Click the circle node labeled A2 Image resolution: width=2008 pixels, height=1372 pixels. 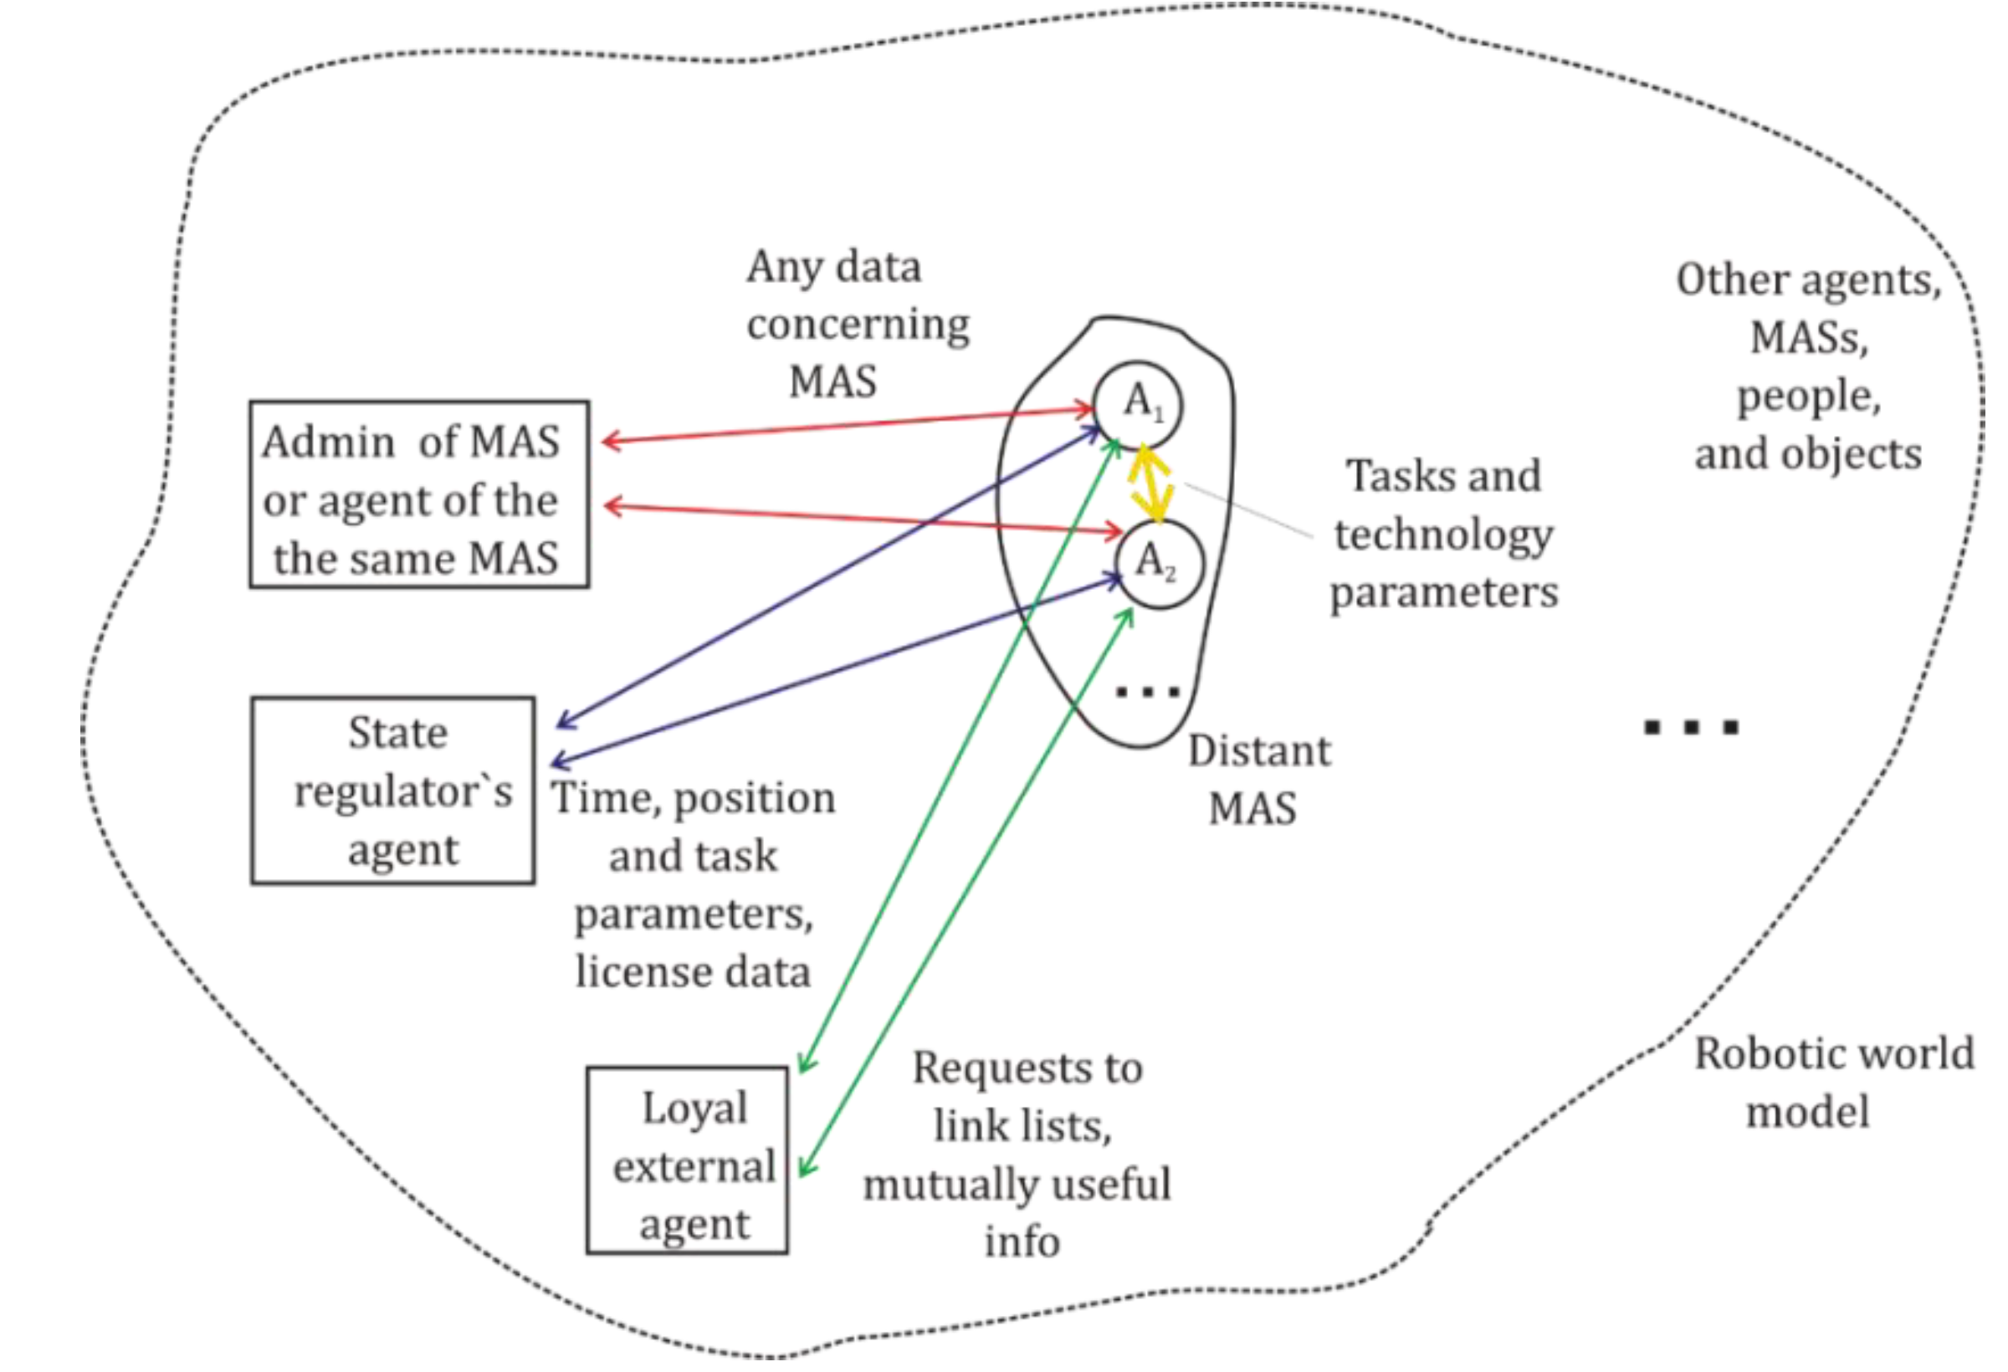click(x=1158, y=564)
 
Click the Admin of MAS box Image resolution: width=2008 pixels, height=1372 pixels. click(x=419, y=494)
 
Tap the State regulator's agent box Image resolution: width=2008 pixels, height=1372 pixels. click(x=393, y=791)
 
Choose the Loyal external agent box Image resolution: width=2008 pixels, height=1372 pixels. click(x=687, y=1160)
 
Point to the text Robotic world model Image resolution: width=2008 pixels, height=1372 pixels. click(x=1831, y=1082)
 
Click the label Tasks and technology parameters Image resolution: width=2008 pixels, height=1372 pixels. click(x=1443, y=534)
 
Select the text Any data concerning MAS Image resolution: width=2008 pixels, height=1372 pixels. click(x=855, y=324)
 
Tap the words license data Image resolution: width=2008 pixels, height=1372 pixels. click(x=693, y=971)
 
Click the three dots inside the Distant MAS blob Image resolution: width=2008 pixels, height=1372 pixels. click(x=1147, y=691)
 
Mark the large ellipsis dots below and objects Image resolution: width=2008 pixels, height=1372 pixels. click(x=1691, y=727)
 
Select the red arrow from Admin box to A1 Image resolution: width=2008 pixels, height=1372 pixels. click(x=847, y=425)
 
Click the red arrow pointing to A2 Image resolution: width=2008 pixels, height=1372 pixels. click(x=864, y=519)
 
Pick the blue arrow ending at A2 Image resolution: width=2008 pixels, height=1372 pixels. click(x=838, y=669)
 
